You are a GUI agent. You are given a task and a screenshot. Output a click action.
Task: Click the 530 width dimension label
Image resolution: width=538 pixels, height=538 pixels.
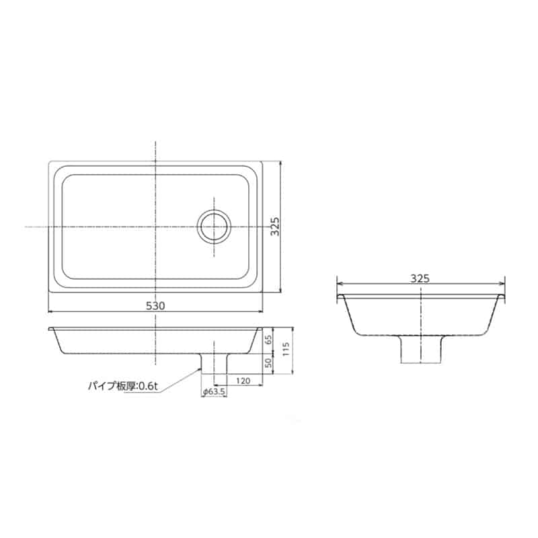[x=155, y=305]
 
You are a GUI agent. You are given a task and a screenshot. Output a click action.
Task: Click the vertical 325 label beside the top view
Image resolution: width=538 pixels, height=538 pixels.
[x=275, y=226]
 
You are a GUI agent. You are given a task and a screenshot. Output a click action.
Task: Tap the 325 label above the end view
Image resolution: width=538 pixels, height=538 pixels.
[x=420, y=278]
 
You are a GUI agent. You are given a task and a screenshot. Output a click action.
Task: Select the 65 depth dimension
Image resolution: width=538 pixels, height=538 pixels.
[x=268, y=340]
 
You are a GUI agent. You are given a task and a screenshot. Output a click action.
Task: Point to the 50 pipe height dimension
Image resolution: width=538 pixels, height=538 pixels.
[x=268, y=362]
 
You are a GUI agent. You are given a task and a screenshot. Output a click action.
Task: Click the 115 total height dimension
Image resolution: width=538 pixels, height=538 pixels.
[x=287, y=349]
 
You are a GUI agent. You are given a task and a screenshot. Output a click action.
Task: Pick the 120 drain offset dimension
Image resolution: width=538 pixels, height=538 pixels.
[x=243, y=381]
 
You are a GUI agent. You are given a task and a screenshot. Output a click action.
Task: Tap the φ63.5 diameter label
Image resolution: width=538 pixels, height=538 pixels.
[x=214, y=391]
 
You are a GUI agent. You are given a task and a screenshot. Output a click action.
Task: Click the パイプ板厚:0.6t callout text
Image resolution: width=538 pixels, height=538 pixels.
[x=123, y=386]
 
